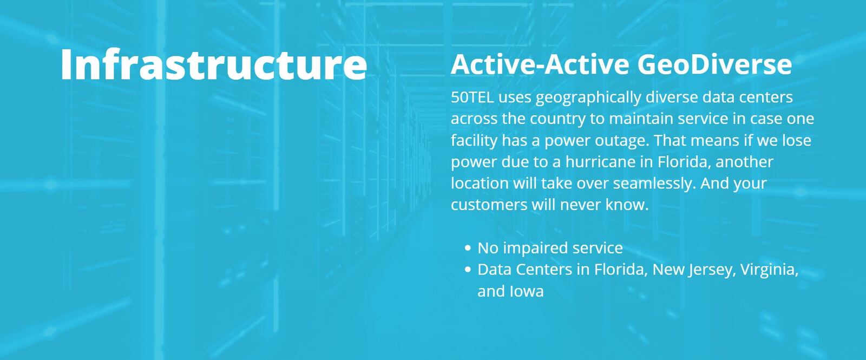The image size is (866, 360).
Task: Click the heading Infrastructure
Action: coord(213,64)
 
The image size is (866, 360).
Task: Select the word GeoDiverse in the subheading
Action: coord(714,64)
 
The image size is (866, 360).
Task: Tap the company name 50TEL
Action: coord(473,97)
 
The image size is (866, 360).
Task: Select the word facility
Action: coord(474,140)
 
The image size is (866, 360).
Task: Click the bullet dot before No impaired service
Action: coord(468,248)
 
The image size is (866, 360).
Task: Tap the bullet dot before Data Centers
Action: coord(468,270)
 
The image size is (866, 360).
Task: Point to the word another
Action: coord(744,162)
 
